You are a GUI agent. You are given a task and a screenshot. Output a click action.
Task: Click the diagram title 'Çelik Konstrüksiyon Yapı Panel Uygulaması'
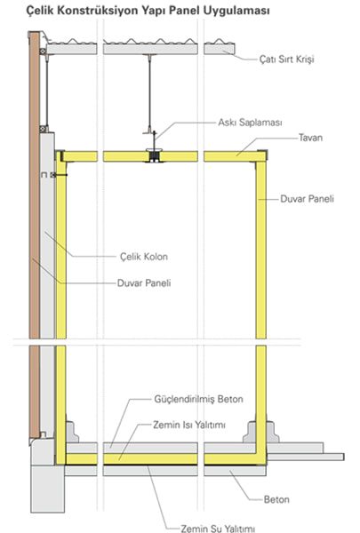[148, 11]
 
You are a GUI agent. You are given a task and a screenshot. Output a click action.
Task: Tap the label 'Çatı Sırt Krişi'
[286, 60]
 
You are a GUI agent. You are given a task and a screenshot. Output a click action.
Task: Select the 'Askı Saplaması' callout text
[250, 123]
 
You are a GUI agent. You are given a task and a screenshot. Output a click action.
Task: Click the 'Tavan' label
[310, 138]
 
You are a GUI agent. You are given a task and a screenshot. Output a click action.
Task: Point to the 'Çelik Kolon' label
[144, 257]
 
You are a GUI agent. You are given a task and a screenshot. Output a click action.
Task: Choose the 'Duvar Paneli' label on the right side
[307, 199]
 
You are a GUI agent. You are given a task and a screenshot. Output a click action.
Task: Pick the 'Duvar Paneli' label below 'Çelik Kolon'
[144, 283]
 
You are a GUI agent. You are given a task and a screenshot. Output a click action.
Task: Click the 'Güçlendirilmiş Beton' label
[199, 399]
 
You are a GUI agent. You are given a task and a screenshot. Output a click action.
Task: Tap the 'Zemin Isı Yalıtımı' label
[189, 425]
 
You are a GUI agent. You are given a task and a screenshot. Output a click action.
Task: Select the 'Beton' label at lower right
[276, 499]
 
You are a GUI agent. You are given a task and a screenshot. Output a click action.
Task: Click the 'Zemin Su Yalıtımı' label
[218, 529]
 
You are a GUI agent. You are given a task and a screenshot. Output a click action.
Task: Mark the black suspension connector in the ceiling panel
[155, 155]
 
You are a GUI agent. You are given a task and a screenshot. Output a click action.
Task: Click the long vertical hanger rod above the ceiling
[149, 93]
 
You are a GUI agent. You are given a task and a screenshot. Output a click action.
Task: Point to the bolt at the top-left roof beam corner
[43, 52]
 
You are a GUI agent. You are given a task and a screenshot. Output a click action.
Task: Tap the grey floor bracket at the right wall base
[260, 432]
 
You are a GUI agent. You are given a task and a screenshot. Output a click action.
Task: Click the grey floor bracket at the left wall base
[72, 432]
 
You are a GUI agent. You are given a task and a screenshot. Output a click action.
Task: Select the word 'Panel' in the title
[185, 11]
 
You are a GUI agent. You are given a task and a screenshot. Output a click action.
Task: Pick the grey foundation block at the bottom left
[48, 489]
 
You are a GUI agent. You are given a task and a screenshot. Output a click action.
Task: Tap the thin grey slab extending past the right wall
[306, 457]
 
